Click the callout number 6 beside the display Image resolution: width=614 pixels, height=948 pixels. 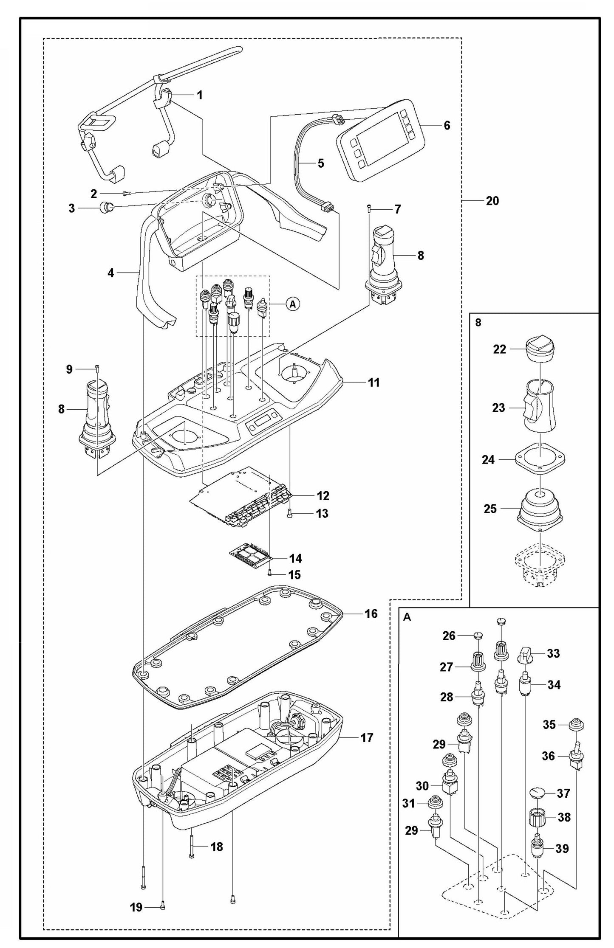447,125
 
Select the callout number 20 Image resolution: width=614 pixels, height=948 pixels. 492,200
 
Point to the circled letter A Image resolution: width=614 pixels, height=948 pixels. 292,304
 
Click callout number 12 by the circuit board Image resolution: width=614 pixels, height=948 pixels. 323,495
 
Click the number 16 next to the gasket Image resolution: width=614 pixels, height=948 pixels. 371,614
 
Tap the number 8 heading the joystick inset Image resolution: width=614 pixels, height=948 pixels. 478,323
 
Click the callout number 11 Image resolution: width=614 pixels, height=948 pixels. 373,383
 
